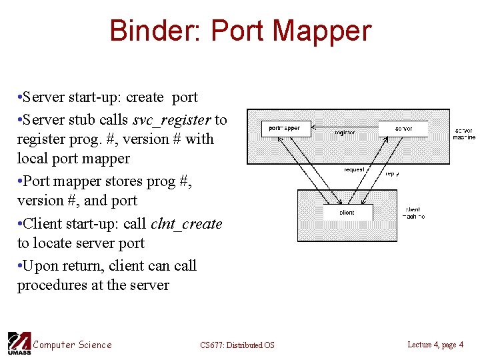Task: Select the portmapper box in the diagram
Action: coord(286,128)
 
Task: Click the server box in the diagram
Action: coord(403,128)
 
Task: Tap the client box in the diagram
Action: coord(347,213)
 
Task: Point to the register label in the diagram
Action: coord(345,133)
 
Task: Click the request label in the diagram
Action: coord(354,169)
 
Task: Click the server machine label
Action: coord(464,133)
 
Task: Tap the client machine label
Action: coord(413,213)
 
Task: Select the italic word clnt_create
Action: coord(189,224)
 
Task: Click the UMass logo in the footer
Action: coord(18,343)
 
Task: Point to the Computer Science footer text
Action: coord(72,345)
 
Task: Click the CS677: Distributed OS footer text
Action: coord(237,345)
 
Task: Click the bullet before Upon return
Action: coord(20,266)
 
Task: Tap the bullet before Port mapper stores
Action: coord(20,181)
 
